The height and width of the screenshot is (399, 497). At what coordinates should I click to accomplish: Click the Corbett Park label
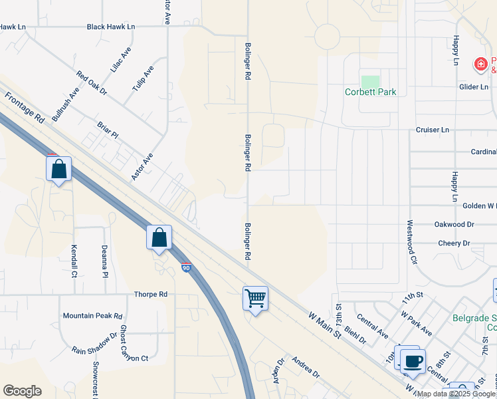(370, 92)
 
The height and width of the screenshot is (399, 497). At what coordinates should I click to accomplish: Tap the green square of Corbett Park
(370, 81)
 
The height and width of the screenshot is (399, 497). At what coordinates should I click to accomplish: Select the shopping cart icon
(255, 298)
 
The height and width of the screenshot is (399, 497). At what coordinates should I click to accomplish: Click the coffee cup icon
(413, 362)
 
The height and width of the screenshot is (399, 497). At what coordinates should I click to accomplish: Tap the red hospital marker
(480, 65)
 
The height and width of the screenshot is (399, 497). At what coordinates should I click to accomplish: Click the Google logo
(22, 391)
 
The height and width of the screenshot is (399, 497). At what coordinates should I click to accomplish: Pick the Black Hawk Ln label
(111, 27)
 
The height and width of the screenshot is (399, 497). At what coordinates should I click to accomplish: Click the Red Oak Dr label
(92, 83)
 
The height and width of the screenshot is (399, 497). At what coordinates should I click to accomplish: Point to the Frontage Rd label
(25, 107)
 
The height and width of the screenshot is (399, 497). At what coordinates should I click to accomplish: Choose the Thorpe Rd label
(151, 294)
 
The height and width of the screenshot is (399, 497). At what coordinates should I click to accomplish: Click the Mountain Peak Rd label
(92, 316)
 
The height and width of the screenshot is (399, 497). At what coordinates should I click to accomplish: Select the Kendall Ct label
(74, 260)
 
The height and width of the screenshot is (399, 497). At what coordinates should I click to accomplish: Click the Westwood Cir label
(410, 242)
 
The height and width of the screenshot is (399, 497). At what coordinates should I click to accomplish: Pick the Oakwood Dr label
(454, 225)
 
